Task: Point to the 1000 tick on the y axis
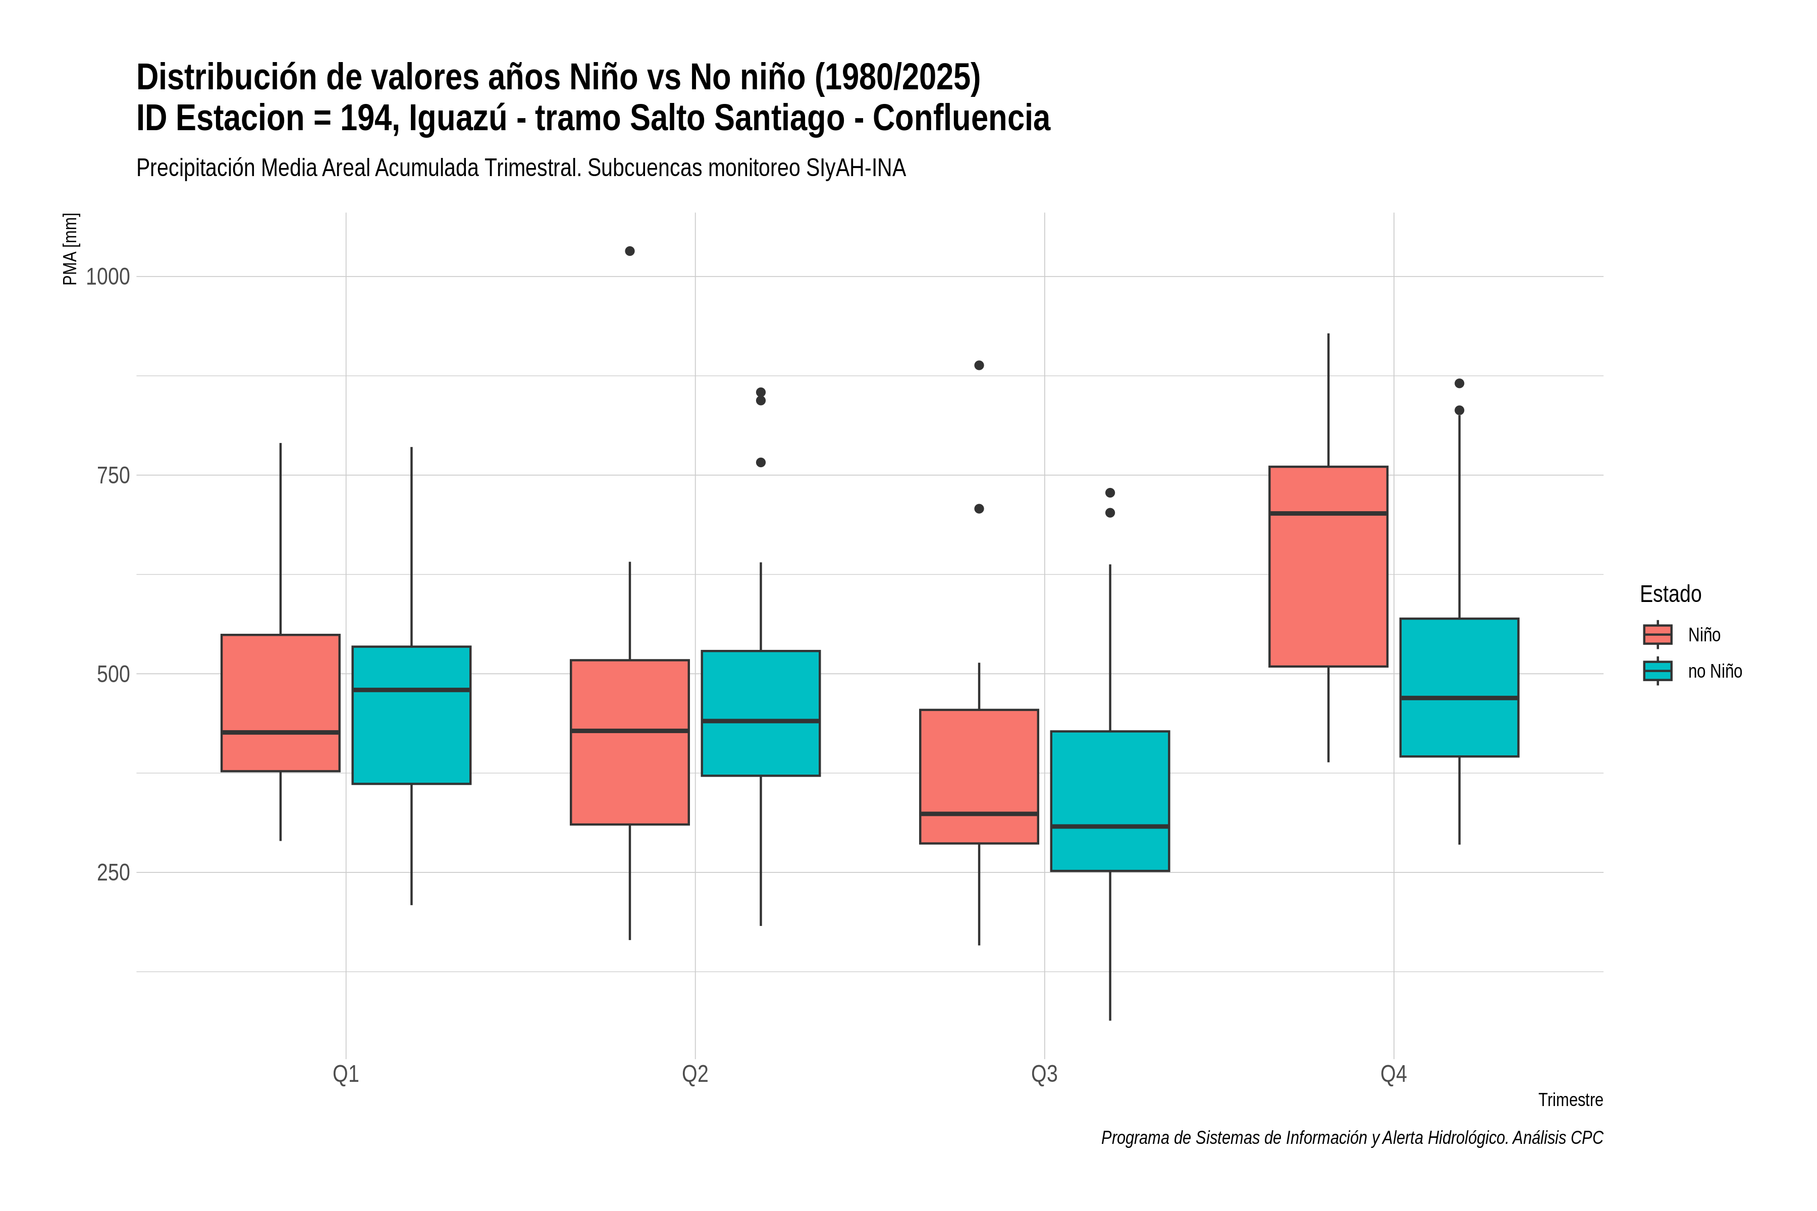108,277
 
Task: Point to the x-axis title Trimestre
1571,1100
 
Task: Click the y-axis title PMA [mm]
70,249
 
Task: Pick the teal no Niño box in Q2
761,713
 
